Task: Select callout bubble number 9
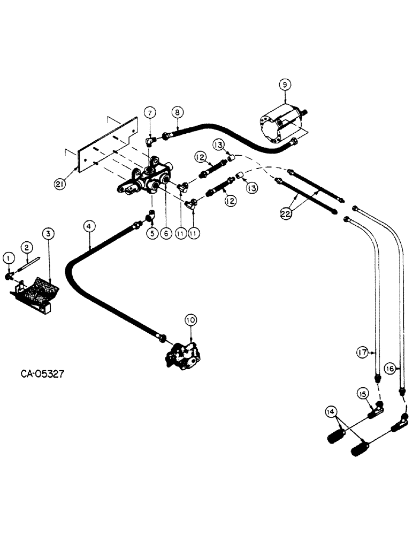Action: [x=285, y=84]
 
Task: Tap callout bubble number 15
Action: [x=363, y=394]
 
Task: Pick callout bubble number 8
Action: [x=177, y=113]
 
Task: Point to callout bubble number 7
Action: [x=150, y=112]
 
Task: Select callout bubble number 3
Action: [x=48, y=233]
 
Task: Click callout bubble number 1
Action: [x=7, y=258]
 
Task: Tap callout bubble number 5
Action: [x=152, y=234]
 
